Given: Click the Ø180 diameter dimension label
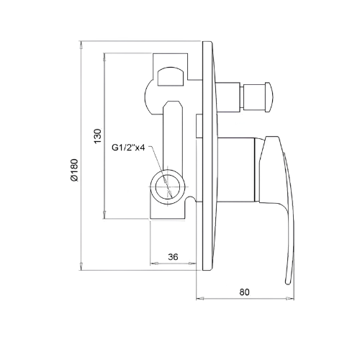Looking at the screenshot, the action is [x=74, y=170].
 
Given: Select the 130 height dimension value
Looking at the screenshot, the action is [x=98, y=136].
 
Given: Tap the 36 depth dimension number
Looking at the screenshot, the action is [x=173, y=257].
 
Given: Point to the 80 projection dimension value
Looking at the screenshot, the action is [x=244, y=292].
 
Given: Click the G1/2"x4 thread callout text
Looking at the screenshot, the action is [x=128, y=148].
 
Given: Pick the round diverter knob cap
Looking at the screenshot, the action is [x=269, y=97].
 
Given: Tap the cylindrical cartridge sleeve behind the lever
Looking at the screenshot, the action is [x=236, y=169].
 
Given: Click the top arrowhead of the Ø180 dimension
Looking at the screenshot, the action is [x=81, y=45].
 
